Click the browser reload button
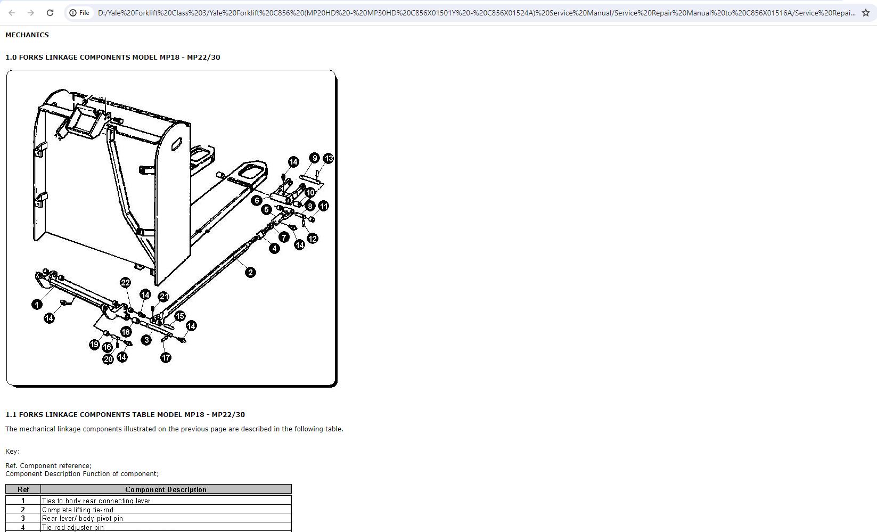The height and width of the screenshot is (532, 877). [x=50, y=13]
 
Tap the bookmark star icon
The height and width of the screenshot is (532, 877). [x=866, y=13]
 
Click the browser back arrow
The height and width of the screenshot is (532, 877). [x=12, y=13]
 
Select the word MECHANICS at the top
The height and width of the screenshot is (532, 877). [x=27, y=35]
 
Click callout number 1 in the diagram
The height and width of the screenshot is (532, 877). [x=37, y=304]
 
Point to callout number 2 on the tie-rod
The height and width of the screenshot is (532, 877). [x=250, y=273]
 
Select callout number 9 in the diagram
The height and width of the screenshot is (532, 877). [x=314, y=158]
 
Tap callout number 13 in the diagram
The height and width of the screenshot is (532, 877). [x=328, y=159]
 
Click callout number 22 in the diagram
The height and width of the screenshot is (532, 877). [x=125, y=282]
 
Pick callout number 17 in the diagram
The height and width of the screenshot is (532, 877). [x=166, y=357]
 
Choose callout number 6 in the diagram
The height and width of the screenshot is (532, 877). [x=257, y=200]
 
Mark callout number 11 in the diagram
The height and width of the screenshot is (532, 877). [x=323, y=206]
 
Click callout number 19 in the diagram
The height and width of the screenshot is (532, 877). [x=94, y=345]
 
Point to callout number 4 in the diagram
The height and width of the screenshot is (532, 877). [x=274, y=248]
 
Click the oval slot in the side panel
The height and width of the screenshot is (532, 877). [x=176, y=144]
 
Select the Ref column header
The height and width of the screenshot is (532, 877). [x=23, y=489]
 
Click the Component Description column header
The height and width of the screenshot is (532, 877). [x=166, y=489]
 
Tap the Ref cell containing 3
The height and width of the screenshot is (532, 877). [x=23, y=518]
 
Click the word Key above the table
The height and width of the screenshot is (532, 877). [x=12, y=452]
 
